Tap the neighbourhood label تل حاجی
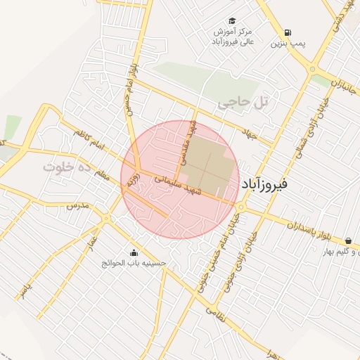point(243,103)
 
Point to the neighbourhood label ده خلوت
point(67,167)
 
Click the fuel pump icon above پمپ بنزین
point(288,32)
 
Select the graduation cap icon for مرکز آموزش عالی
point(232,20)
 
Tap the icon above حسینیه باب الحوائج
point(134,252)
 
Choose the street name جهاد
point(251,134)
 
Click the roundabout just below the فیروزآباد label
point(240,207)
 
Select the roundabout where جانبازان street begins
point(311,69)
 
